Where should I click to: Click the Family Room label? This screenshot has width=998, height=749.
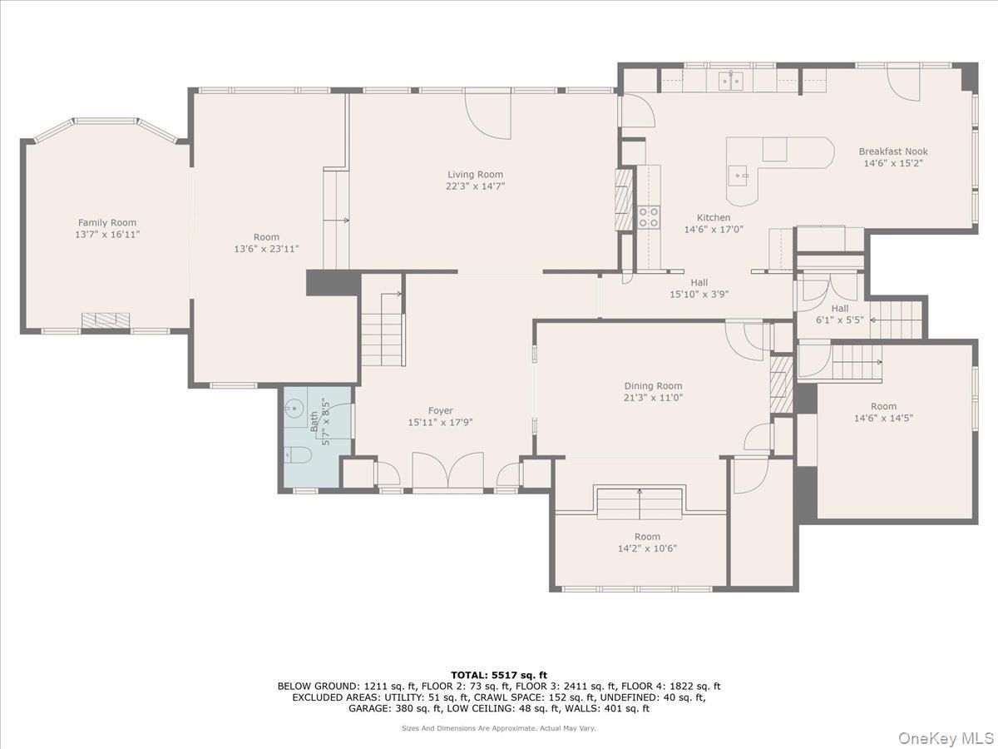(x=106, y=223)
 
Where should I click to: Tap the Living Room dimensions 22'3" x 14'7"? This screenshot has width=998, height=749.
(x=475, y=186)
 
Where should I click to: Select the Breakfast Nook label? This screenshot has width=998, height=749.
(x=893, y=151)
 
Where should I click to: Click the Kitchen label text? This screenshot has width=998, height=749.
(x=713, y=217)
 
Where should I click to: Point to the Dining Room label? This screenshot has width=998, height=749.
(x=653, y=386)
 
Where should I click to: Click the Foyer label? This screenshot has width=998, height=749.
(x=440, y=411)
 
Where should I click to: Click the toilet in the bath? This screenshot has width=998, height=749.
(x=298, y=454)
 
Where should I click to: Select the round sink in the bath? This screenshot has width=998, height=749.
(x=294, y=409)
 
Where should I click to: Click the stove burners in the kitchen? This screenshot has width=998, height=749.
(x=649, y=217)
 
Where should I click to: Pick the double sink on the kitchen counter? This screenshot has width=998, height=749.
(x=731, y=81)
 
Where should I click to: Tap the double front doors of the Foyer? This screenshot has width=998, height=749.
(x=447, y=472)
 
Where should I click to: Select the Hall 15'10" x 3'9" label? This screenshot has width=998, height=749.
(x=699, y=288)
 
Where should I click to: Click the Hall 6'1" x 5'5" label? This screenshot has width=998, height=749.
(x=839, y=314)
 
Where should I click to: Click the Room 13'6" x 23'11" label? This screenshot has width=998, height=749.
(x=266, y=243)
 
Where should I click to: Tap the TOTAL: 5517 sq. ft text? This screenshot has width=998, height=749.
(x=499, y=675)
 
